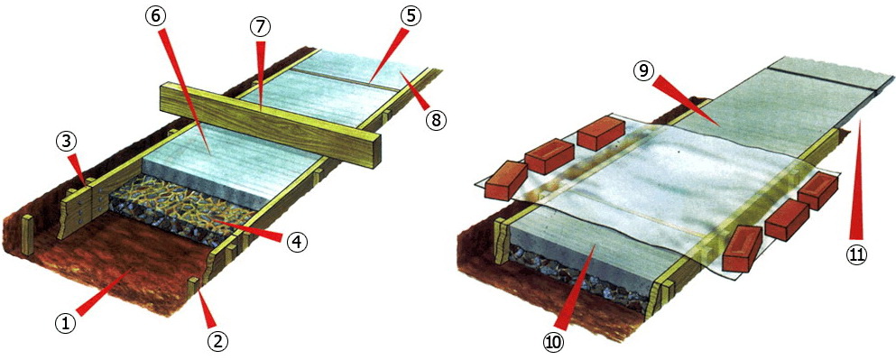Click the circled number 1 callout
coord(65,323)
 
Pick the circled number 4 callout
coord(296,243)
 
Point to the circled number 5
coord(411,16)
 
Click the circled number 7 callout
coord(261,27)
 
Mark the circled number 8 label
coord(436,120)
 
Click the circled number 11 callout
coord(856,255)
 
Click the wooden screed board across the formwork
coord(269,123)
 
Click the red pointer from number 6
coord(185,91)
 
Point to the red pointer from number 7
coord(261,74)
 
